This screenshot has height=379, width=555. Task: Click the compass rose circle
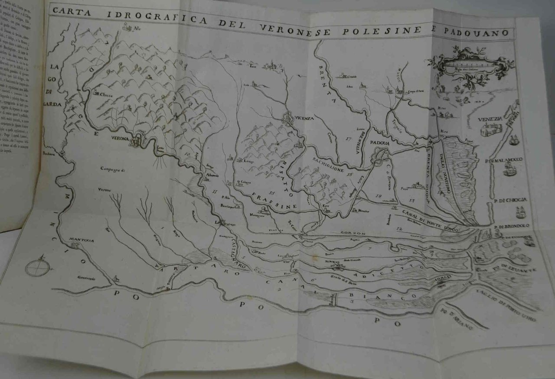[37, 267]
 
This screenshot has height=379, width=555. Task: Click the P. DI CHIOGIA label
[509, 200]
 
